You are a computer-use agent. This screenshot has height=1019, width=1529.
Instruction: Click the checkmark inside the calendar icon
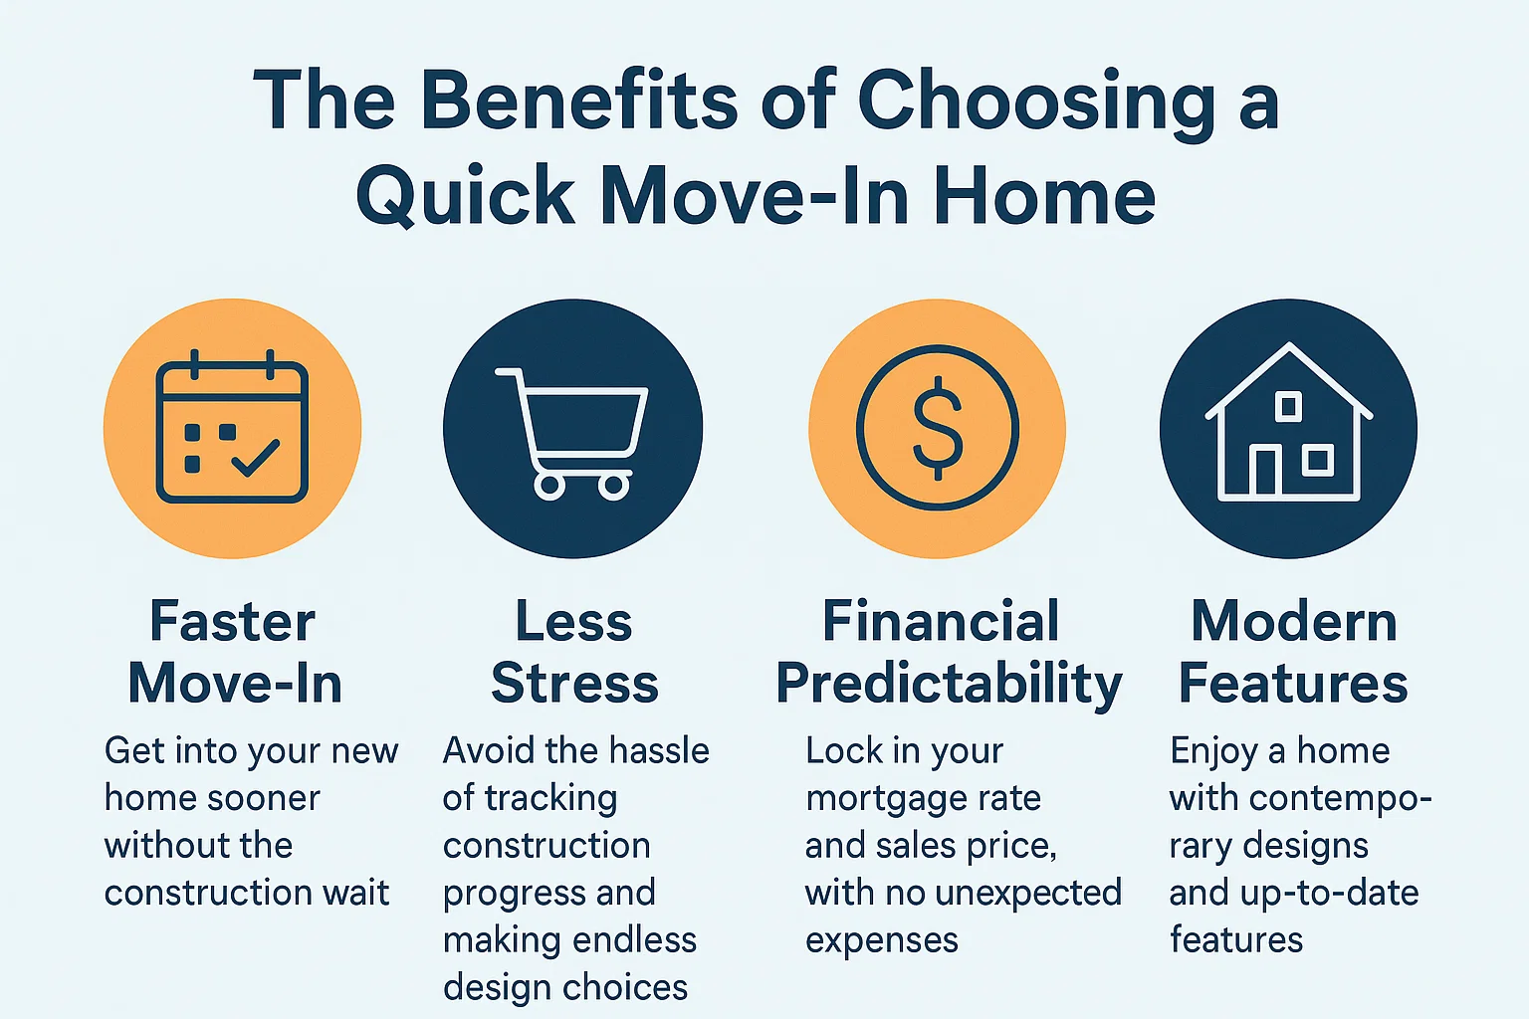click(255, 457)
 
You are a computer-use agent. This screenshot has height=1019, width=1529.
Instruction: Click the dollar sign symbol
click(938, 428)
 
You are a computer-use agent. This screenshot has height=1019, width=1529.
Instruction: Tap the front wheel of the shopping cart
click(612, 486)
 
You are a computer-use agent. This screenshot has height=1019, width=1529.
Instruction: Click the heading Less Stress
click(574, 653)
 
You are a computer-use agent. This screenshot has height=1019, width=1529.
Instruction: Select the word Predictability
click(949, 685)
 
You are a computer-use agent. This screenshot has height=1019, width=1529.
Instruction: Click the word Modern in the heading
click(1294, 622)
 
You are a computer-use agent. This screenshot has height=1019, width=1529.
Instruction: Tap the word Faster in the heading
click(232, 622)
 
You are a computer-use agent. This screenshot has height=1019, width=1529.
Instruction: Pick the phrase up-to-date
click(1329, 893)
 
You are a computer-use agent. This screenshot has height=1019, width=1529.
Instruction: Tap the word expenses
click(881, 940)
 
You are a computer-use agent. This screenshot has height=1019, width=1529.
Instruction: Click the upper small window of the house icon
click(1288, 406)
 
